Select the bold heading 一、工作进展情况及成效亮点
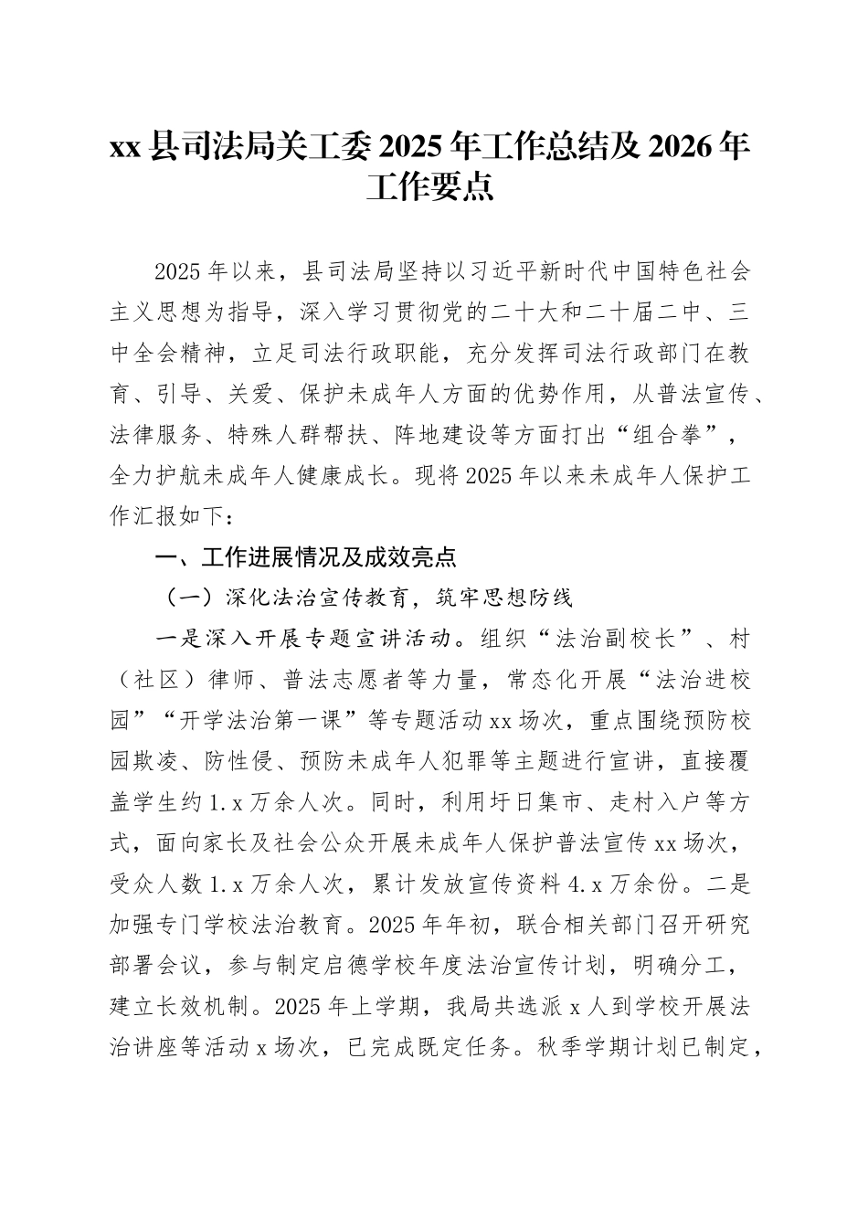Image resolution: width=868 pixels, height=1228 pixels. pyautogui.click(x=306, y=556)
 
